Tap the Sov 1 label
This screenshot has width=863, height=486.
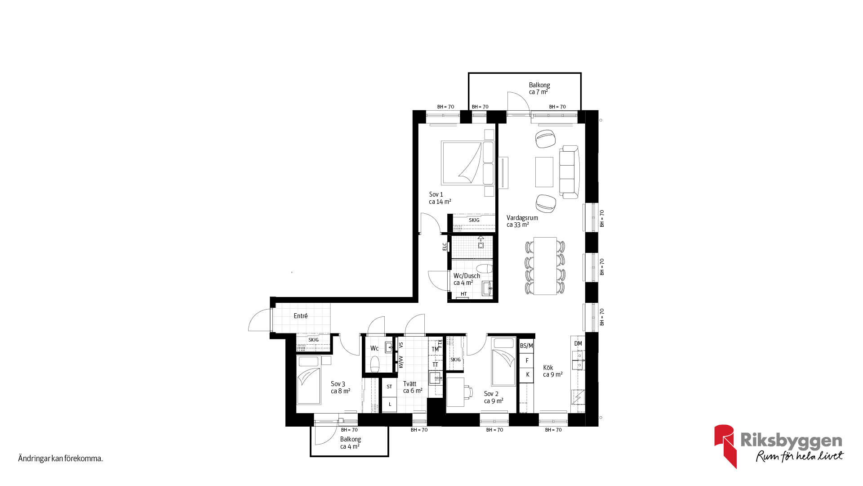pos(436,194)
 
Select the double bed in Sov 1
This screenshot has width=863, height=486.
pos(467,163)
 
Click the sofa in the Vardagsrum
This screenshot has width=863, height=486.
pos(569,172)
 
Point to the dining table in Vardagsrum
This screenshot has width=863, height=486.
pos(545,266)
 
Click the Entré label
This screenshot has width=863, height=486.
pos(301,316)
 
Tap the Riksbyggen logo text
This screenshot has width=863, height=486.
pos(791,440)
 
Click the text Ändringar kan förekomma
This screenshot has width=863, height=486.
pos(61,459)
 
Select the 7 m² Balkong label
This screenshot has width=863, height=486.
pos(539,88)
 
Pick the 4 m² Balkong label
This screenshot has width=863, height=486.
pos(350,443)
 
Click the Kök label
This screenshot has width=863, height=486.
pos(548,368)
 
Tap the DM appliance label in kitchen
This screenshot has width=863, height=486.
pos(578,343)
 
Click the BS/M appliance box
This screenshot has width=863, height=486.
pos(526,346)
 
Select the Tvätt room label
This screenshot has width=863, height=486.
pos(409,384)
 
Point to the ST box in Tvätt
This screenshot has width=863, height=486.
pos(389,387)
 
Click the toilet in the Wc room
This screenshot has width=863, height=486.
pos(375,364)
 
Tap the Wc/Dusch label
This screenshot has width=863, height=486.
pos(467,276)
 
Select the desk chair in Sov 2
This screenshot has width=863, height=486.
pos(468,392)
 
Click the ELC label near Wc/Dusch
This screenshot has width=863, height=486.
pos(445,247)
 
